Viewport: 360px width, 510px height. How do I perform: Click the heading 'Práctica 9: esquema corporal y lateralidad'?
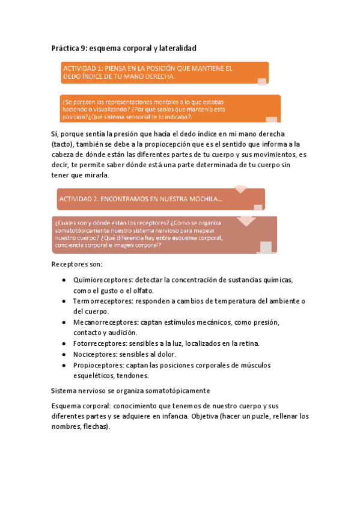click(x=124, y=47)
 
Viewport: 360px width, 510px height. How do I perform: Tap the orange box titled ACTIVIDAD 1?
click(x=163, y=73)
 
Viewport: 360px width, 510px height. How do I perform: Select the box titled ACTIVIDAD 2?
click(x=160, y=198)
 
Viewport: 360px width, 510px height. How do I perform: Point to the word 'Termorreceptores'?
click(x=100, y=301)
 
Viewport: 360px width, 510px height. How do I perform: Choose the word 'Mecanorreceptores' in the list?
click(x=102, y=322)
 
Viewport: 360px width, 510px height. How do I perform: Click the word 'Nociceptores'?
click(x=93, y=354)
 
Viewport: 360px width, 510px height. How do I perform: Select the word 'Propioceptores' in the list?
click(x=98, y=364)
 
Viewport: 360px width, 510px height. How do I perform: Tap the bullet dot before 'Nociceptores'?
click(x=64, y=354)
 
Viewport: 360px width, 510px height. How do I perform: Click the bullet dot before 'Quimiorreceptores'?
click(x=64, y=280)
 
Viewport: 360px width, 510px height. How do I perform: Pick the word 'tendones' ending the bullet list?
click(x=130, y=375)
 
